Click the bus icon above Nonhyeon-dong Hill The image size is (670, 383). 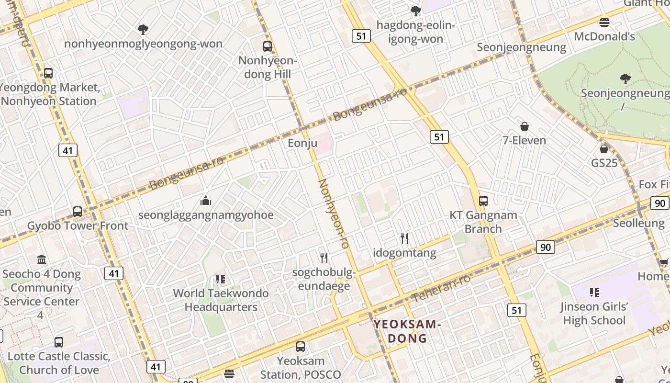[x=268, y=46]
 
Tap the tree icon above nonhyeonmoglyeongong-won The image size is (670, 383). [x=143, y=30]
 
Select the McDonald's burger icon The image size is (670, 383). [x=604, y=22]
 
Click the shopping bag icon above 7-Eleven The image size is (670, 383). [x=525, y=126]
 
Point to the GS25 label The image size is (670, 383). [x=604, y=163]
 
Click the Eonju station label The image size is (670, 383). [x=302, y=143]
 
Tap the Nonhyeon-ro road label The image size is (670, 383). [x=333, y=214]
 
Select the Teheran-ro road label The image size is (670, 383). [x=441, y=288]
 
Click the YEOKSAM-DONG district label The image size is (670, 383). [x=406, y=331]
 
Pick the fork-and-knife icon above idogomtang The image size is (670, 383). [x=404, y=238]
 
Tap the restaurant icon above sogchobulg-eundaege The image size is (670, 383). [x=324, y=258]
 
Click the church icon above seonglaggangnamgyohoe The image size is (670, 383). [x=206, y=200]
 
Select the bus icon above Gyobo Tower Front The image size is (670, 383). [x=78, y=211]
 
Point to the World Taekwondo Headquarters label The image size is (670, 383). [x=221, y=300]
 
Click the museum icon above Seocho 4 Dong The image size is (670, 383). [x=42, y=260]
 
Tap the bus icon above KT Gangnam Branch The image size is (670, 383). [x=483, y=201]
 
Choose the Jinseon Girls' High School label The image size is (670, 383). [x=594, y=313]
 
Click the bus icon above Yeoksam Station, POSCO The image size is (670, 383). [x=301, y=346]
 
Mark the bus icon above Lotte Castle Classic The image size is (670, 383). [x=59, y=342]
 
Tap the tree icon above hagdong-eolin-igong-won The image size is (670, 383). [x=415, y=11]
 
